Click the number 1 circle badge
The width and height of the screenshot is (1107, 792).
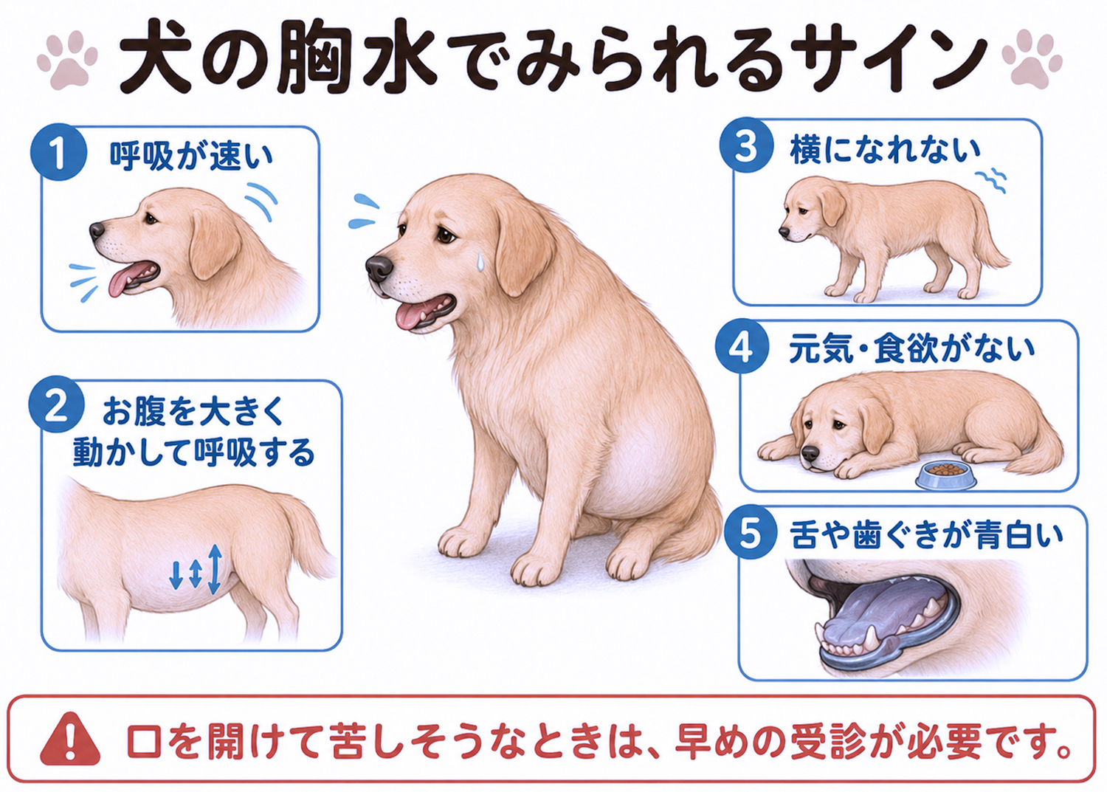coord(59,152)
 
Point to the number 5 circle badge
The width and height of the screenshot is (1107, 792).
coord(750,532)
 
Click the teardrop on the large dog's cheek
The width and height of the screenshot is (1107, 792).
coord(480,261)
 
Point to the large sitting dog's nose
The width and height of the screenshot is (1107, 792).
coord(379,269)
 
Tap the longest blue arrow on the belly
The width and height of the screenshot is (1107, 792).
coord(215,569)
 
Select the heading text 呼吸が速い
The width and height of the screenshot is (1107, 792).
coord(191,156)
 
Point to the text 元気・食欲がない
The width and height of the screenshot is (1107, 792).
coord(911,349)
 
